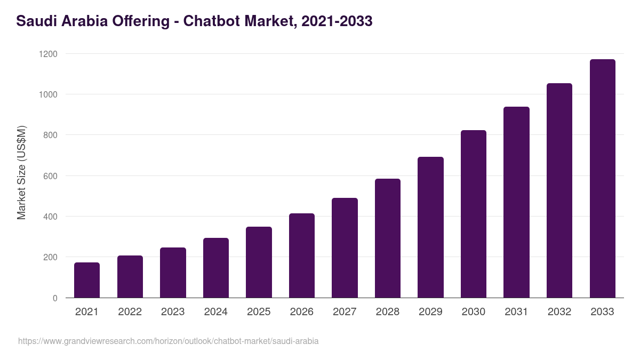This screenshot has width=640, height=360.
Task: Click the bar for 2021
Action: point(87,280)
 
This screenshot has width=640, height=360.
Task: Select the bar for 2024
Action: point(215,268)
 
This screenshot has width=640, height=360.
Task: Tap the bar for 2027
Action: point(345,248)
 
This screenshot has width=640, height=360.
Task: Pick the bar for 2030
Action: point(474,214)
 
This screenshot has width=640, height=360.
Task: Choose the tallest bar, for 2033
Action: point(602,179)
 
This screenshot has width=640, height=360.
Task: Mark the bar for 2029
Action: point(430,227)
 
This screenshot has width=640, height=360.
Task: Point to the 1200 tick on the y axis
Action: point(48,54)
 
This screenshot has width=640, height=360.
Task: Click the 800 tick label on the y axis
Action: point(50,135)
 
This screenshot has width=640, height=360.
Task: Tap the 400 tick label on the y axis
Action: point(50,217)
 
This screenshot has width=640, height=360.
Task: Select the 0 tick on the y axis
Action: point(55,298)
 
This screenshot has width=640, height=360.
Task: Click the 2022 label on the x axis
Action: point(130,312)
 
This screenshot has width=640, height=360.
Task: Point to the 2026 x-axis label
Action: point(302,312)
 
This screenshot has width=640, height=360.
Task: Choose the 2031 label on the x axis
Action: point(516,312)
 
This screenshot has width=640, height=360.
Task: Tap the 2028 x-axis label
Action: point(388,312)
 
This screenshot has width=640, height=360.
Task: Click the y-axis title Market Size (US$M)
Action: point(21,173)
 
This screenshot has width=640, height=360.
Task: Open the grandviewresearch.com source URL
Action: point(169,341)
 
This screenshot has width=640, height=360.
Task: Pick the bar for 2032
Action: point(559,190)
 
